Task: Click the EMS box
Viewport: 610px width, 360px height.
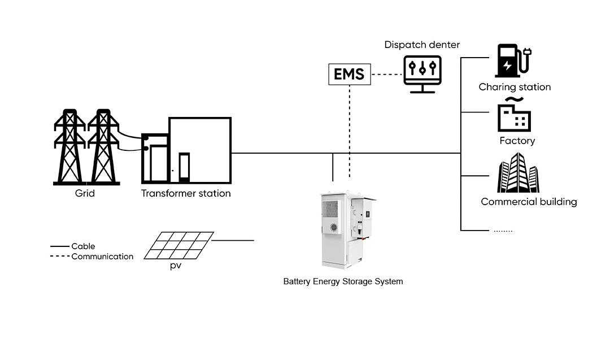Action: [350, 74]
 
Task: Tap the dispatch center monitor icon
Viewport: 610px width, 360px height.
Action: [422, 73]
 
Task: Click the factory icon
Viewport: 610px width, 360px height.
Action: [513, 116]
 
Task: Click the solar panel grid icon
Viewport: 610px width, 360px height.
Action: [178, 245]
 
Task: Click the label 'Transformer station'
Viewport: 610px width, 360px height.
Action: [186, 193]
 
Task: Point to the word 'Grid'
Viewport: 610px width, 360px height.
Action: [85, 193]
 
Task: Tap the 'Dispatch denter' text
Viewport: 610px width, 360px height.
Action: [422, 45]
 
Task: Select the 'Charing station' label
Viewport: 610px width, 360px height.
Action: [515, 87]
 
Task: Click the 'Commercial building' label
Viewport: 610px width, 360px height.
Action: [529, 202]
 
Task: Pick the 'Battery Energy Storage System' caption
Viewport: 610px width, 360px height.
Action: [343, 281]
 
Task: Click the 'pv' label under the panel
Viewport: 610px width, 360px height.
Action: [176, 265]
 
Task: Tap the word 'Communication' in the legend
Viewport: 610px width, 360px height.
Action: [102, 257]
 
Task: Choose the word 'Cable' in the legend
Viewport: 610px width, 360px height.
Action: [83, 246]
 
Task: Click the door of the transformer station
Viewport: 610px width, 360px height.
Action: [184, 167]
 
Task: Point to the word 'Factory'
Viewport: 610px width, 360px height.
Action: [517, 141]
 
